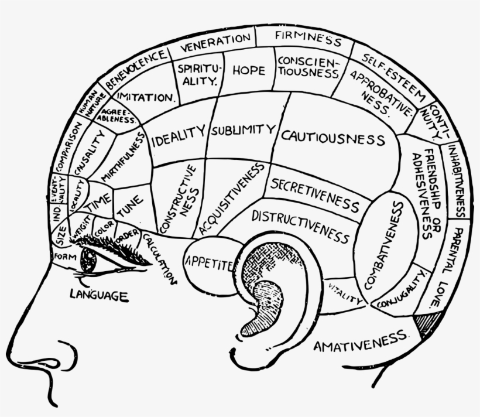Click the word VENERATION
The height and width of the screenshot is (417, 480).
(215, 42)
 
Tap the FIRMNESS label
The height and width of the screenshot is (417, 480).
(308, 39)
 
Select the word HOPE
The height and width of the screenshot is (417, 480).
(249, 70)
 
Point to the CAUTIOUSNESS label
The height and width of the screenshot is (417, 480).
(332, 138)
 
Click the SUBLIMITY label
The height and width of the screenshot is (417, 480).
(243, 129)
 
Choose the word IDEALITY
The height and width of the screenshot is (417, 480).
(179, 135)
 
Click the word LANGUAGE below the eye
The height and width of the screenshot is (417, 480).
(99, 295)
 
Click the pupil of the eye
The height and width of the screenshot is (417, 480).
(88, 261)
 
